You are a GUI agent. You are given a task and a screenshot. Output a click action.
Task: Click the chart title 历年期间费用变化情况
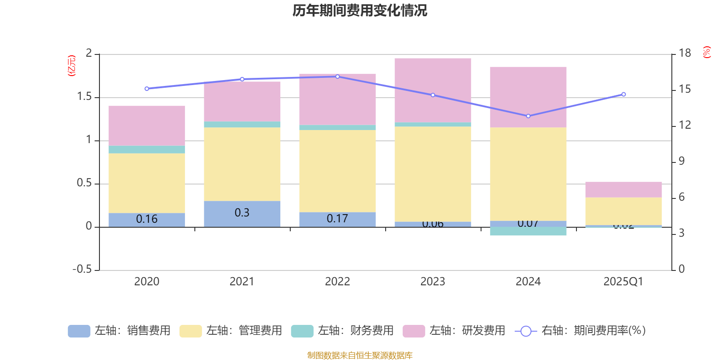point(360,10)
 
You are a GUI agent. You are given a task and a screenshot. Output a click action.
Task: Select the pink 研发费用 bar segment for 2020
point(147,126)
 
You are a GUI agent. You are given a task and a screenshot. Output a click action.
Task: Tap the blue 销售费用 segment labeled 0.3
point(242,213)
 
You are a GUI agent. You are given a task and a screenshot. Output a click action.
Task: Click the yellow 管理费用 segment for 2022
point(337,171)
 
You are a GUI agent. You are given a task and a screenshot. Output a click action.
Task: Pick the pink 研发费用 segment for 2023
point(433,90)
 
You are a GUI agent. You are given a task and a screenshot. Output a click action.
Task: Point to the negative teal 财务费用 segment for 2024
point(528,231)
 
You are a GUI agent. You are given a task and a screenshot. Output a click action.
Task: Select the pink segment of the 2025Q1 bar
point(624,189)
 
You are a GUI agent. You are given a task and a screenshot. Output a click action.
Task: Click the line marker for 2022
point(337,76)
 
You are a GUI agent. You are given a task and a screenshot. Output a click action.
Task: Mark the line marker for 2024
point(528,116)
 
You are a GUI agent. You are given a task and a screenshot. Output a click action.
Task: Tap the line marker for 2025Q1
point(624,94)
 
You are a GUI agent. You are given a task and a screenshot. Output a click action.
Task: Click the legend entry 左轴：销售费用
point(119,331)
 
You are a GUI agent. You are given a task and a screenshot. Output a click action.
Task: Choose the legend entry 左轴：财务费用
point(342,331)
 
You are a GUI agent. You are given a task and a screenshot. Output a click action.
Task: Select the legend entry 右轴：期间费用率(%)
point(580,331)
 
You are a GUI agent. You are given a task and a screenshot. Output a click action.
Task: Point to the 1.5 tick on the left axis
point(84,97)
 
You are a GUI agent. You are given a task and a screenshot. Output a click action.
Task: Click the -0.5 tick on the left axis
point(82,269)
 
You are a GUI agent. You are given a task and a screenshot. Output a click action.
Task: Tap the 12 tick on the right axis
point(684,125)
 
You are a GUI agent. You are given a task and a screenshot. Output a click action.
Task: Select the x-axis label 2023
point(433,281)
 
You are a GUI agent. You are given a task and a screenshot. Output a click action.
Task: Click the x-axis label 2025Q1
point(624,281)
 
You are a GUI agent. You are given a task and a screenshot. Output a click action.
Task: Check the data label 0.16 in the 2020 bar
point(147,219)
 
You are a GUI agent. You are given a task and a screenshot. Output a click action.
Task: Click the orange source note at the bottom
point(360,355)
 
